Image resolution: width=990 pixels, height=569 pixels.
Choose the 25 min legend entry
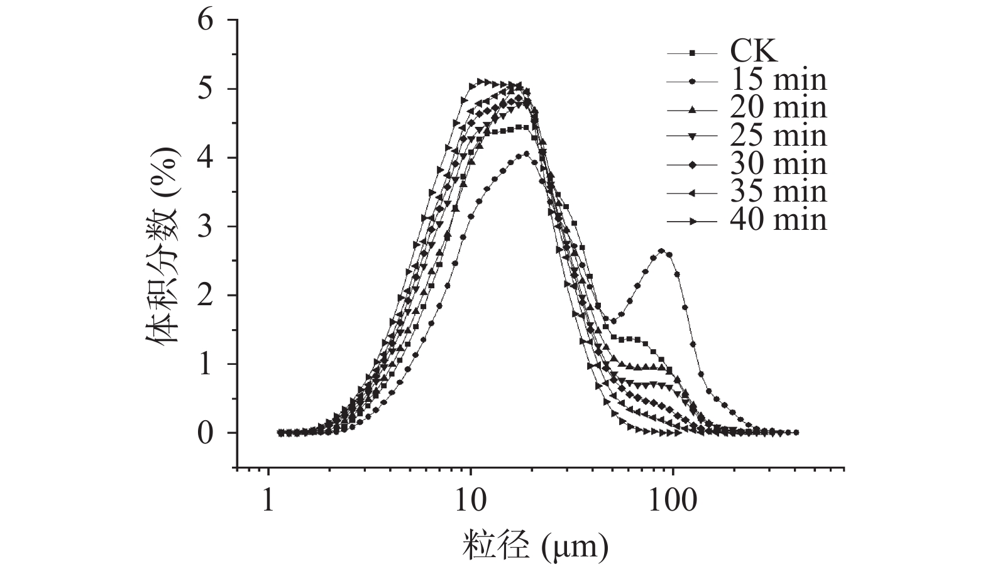click(778, 136)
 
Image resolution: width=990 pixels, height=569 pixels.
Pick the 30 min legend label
click(778, 165)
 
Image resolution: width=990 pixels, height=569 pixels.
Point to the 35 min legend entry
click(778, 192)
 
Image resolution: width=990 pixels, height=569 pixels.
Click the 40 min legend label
click(778, 220)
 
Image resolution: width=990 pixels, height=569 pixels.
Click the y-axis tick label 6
click(207, 21)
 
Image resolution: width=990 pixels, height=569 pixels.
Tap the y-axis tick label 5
click(207, 89)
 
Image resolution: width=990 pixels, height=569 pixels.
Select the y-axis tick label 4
click(207, 158)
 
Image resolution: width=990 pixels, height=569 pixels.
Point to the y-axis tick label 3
click(207, 227)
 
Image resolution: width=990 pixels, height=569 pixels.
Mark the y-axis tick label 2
click(207, 296)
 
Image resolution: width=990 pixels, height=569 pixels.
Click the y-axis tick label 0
click(207, 433)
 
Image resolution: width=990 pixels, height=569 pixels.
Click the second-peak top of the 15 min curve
click(661, 251)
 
